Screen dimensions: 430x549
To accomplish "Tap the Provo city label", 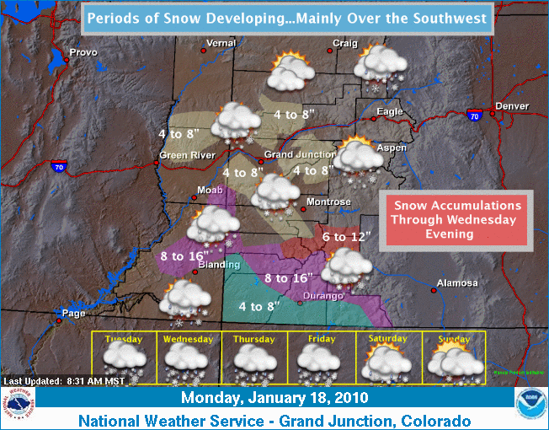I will [x=83, y=52].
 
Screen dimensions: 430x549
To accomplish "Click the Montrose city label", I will [x=328, y=202].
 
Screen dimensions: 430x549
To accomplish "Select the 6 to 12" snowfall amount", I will [x=346, y=237].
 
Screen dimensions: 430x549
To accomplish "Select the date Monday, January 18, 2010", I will [x=274, y=396].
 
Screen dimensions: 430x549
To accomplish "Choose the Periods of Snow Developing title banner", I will [x=287, y=18].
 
